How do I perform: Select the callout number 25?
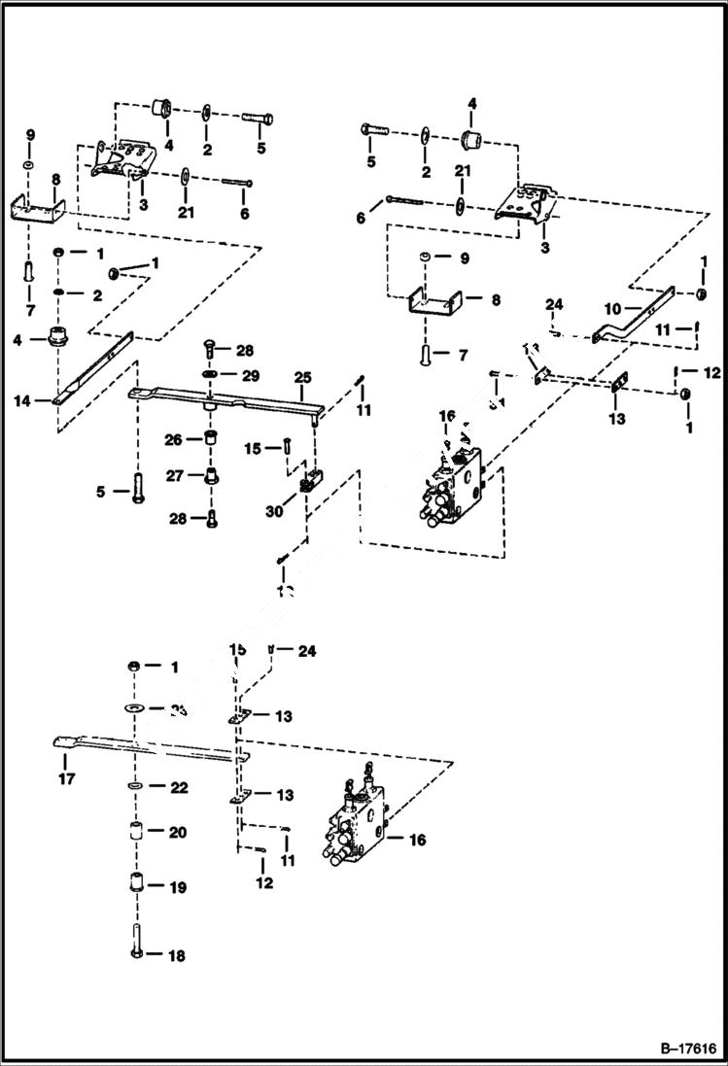point(302,376)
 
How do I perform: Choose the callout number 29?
point(251,375)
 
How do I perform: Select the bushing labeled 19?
point(136,886)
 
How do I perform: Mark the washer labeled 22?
point(136,785)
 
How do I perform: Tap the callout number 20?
point(178,833)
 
